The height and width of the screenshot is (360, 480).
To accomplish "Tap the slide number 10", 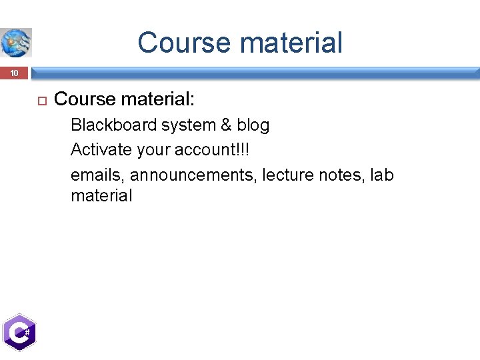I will point(15,73).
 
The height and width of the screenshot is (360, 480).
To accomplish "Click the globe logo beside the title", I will point(16,43).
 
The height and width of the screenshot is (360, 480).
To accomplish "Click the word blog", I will point(253,125).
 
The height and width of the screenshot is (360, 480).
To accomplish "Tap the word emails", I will point(97,175).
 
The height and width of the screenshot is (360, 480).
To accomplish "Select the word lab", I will point(382,175).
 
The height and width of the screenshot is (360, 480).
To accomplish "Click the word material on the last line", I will point(101,196).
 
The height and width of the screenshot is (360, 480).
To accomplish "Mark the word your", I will point(153,150).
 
